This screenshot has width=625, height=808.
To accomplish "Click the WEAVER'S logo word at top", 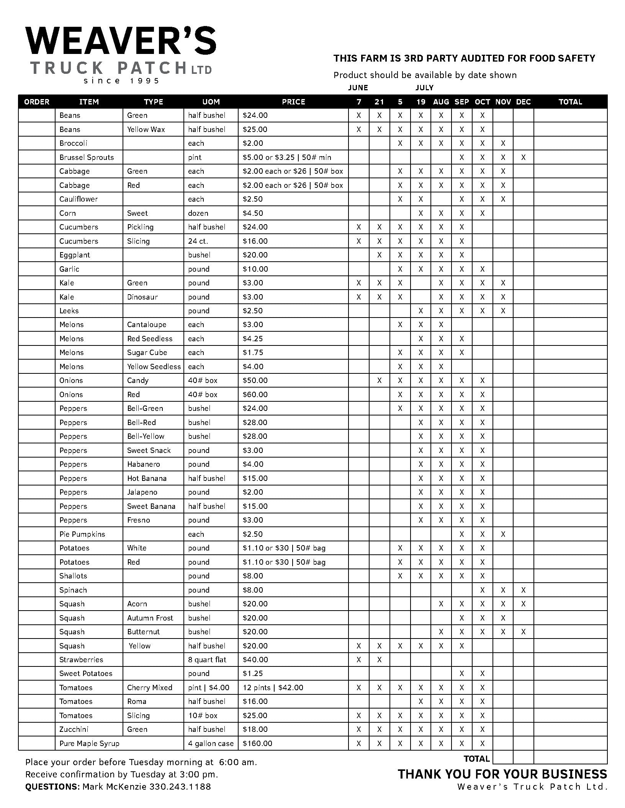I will [x=121, y=41].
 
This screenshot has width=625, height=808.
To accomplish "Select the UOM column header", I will [x=211, y=102].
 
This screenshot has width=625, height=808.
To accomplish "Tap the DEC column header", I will [x=523, y=102].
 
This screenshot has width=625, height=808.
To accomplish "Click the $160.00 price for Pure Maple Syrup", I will [x=257, y=743].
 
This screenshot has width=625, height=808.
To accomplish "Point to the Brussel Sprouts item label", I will [x=87, y=157].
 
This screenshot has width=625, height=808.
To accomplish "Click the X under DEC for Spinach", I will [x=523, y=590].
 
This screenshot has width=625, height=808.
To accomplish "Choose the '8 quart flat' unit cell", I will [x=207, y=660].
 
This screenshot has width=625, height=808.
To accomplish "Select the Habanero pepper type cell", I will [x=144, y=464].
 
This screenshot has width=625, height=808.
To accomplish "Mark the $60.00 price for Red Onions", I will [x=255, y=394].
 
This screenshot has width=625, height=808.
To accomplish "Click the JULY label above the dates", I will [x=424, y=88].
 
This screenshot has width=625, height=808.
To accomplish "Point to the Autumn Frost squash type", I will [x=150, y=618].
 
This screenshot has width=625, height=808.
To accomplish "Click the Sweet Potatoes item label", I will [x=86, y=673].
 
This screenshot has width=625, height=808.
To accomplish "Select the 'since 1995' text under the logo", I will [x=121, y=81].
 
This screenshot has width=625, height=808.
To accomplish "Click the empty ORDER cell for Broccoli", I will [x=37, y=143].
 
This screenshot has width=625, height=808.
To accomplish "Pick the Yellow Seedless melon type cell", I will [x=154, y=367].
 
